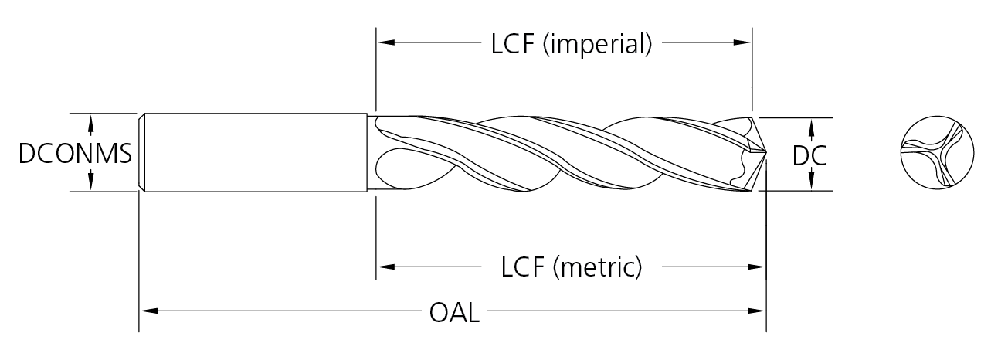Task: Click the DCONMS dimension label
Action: tap(74, 154)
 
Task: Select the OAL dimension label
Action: tap(453, 314)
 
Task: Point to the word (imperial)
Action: tap(598, 44)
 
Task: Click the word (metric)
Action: tap(598, 268)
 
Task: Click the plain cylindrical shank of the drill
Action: tap(255, 153)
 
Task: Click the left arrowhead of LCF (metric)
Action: tap(385, 267)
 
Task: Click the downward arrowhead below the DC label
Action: tap(810, 182)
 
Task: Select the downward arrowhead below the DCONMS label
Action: tap(91, 182)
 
